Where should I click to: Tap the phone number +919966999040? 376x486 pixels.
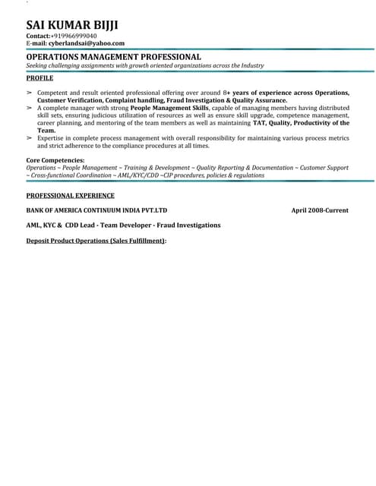click(74, 36)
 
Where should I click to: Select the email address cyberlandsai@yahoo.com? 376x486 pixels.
click(87, 44)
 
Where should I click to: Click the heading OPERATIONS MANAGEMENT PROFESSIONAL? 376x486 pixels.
click(114, 57)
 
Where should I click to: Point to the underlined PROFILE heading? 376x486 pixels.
click(39, 78)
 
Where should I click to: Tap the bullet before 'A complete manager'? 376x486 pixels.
click(30, 109)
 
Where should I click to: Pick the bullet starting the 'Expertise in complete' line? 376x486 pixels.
click(30, 138)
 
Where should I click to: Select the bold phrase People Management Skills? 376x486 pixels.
click(169, 109)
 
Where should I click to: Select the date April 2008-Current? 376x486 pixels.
click(320, 210)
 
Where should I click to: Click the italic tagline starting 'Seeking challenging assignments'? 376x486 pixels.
click(145, 66)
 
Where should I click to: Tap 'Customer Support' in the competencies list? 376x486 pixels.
click(324, 167)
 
